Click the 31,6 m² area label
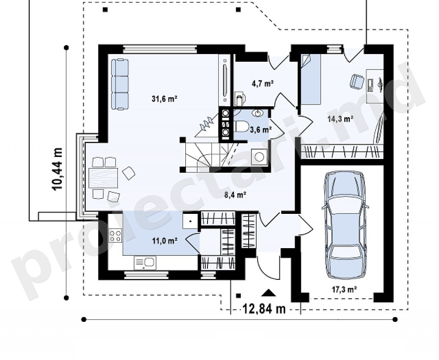click(164, 99)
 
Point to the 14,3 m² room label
click(340, 119)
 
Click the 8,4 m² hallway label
click(235, 195)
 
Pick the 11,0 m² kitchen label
click(164, 240)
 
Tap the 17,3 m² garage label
click(344, 289)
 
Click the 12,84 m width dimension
click(264, 309)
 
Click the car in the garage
click(345, 225)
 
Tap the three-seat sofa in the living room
click(120, 84)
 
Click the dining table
click(103, 178)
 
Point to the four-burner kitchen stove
click(115, 236)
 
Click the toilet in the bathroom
click(241, 126)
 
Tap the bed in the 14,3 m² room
click(310, 79)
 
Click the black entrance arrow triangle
click(269, 293)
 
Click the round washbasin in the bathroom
click(258, 113)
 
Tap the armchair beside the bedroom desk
click(356, 81)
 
